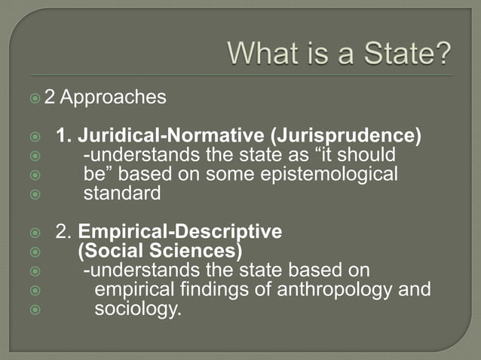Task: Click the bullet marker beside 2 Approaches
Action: (x=56, y=99)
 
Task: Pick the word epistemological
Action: (x=328, y=175)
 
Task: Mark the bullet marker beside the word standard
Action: (x=35, y=194)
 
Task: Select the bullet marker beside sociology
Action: (x=35, y=309)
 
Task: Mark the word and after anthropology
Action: (x=415, y=289)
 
